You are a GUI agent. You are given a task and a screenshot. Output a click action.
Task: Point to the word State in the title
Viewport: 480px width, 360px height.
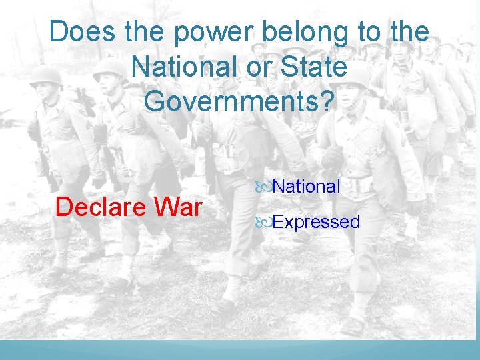pos(314,67)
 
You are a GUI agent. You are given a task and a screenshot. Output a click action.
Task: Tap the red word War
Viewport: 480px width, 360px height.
pos(177,207)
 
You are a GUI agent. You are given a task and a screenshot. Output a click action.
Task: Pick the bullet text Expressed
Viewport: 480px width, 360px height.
pos(316,222)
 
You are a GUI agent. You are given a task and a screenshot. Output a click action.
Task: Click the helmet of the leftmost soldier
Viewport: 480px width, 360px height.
pos(47,75)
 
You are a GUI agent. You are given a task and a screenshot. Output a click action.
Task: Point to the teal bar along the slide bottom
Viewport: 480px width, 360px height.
pos(240,351)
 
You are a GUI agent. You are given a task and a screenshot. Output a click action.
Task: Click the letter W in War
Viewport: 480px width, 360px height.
pos(167,207)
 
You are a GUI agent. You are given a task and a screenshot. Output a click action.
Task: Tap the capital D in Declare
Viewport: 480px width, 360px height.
pos(64,207)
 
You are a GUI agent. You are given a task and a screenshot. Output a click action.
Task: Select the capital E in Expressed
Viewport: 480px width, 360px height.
pos(278,222)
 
